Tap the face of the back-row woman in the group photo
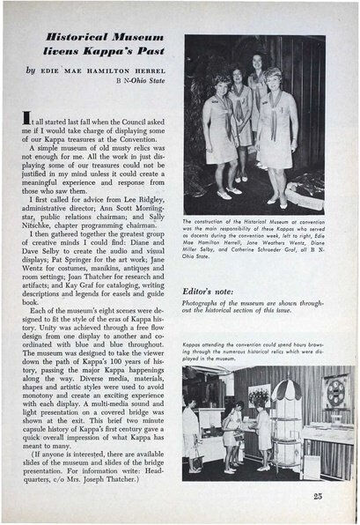pos(257,62)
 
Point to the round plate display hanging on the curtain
pos(336,388)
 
